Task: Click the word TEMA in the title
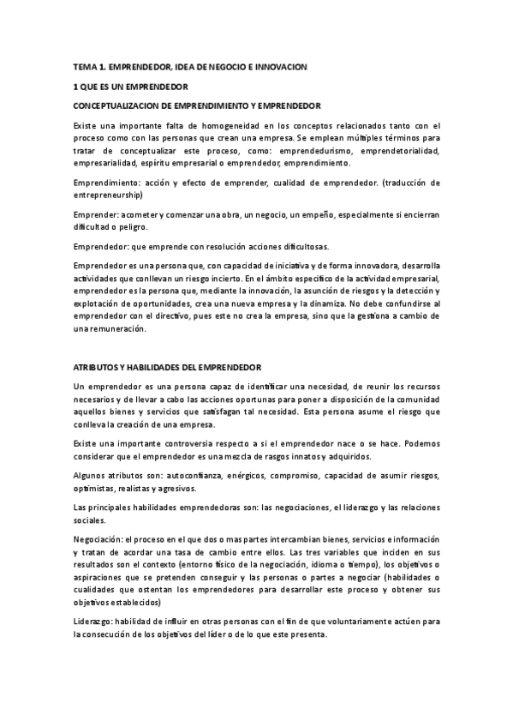click(86, 66)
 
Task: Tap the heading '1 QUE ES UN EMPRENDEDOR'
click(131, 87)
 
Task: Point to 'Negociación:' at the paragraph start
click(98, 539)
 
